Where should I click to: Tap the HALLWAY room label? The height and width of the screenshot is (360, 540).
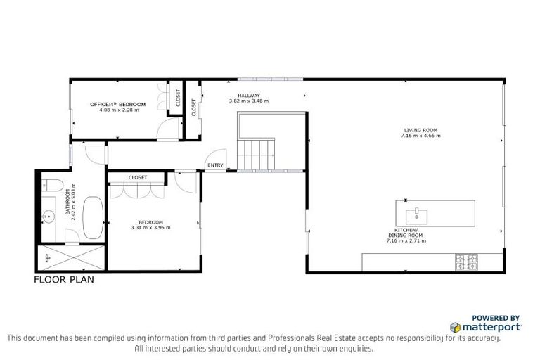(x=249, y=96)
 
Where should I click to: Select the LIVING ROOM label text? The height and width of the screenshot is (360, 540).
(x=420, y=130)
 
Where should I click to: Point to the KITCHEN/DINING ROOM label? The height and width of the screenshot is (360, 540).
(x=406, y=233)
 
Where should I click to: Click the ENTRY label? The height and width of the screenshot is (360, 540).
(x=214, y=166)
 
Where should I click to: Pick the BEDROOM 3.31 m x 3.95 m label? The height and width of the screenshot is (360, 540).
(x=150, y=222)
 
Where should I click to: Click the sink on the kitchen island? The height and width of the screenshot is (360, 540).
(x=417, y=211)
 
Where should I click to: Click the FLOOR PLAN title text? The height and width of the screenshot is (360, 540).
(x=64, y=279)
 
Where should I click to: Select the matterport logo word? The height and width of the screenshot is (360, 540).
(x=491, y=328)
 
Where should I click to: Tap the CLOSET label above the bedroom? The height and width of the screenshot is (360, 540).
(x=138, y=178)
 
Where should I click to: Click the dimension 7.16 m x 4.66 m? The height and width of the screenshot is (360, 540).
(x=420, y=136)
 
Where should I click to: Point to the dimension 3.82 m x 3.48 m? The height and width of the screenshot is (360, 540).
(x=249, y=101)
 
